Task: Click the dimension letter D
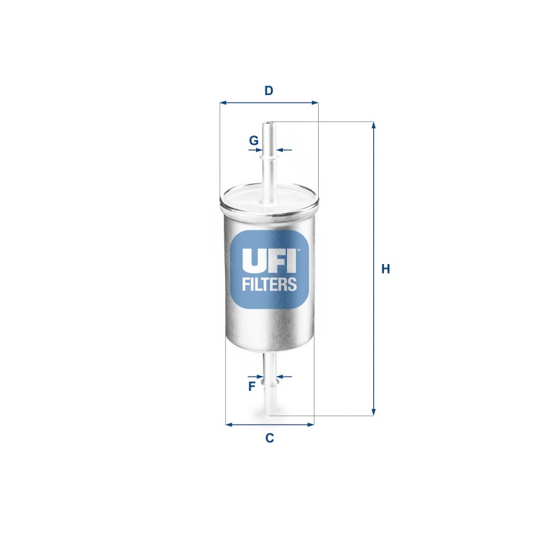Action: tap(269, 90)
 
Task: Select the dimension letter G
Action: tap(253, 141)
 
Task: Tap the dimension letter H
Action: tap(385, 269)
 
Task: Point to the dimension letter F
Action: tap(251, 386)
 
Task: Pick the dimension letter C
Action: tap(269, 438)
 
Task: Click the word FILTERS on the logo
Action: tap(269, 284)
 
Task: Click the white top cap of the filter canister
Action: tap(269, 198)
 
